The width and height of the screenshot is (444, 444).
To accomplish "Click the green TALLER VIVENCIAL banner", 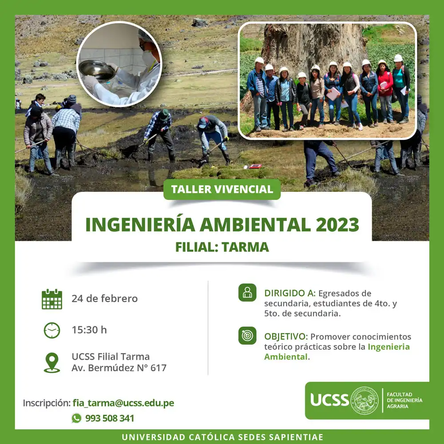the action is (x=222, y=189).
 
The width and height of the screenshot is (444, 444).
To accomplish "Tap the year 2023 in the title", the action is (x=337, y=225).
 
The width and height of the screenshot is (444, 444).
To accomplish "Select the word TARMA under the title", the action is (x=245, y=247).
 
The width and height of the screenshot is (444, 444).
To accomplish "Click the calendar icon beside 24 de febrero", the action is (x=52, y=299).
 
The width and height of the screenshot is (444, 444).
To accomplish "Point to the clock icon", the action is (x=52, y=330).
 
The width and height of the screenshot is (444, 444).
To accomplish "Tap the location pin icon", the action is (x=52, y=362).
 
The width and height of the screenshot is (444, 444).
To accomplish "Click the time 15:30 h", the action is (x=89, y=330).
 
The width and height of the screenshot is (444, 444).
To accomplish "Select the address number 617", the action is (x=159, y=368).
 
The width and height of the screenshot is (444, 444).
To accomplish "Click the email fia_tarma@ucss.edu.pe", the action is (x=123, y=403).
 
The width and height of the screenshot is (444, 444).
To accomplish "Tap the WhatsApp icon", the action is (x=76, y=418).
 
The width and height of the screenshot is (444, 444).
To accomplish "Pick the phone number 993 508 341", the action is (x=110, y=418).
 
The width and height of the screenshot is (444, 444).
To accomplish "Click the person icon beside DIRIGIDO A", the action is (x=247, y=293).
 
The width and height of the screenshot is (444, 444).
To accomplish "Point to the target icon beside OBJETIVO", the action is (x=247, y=336).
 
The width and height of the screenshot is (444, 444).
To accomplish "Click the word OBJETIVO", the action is (x=285, y=337).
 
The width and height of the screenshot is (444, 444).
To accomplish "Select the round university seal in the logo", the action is (x=365, y=400).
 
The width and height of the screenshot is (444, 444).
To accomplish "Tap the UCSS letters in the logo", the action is (x=329, y=400).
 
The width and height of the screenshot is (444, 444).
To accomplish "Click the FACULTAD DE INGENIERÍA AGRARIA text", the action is (x=404, y=400).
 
